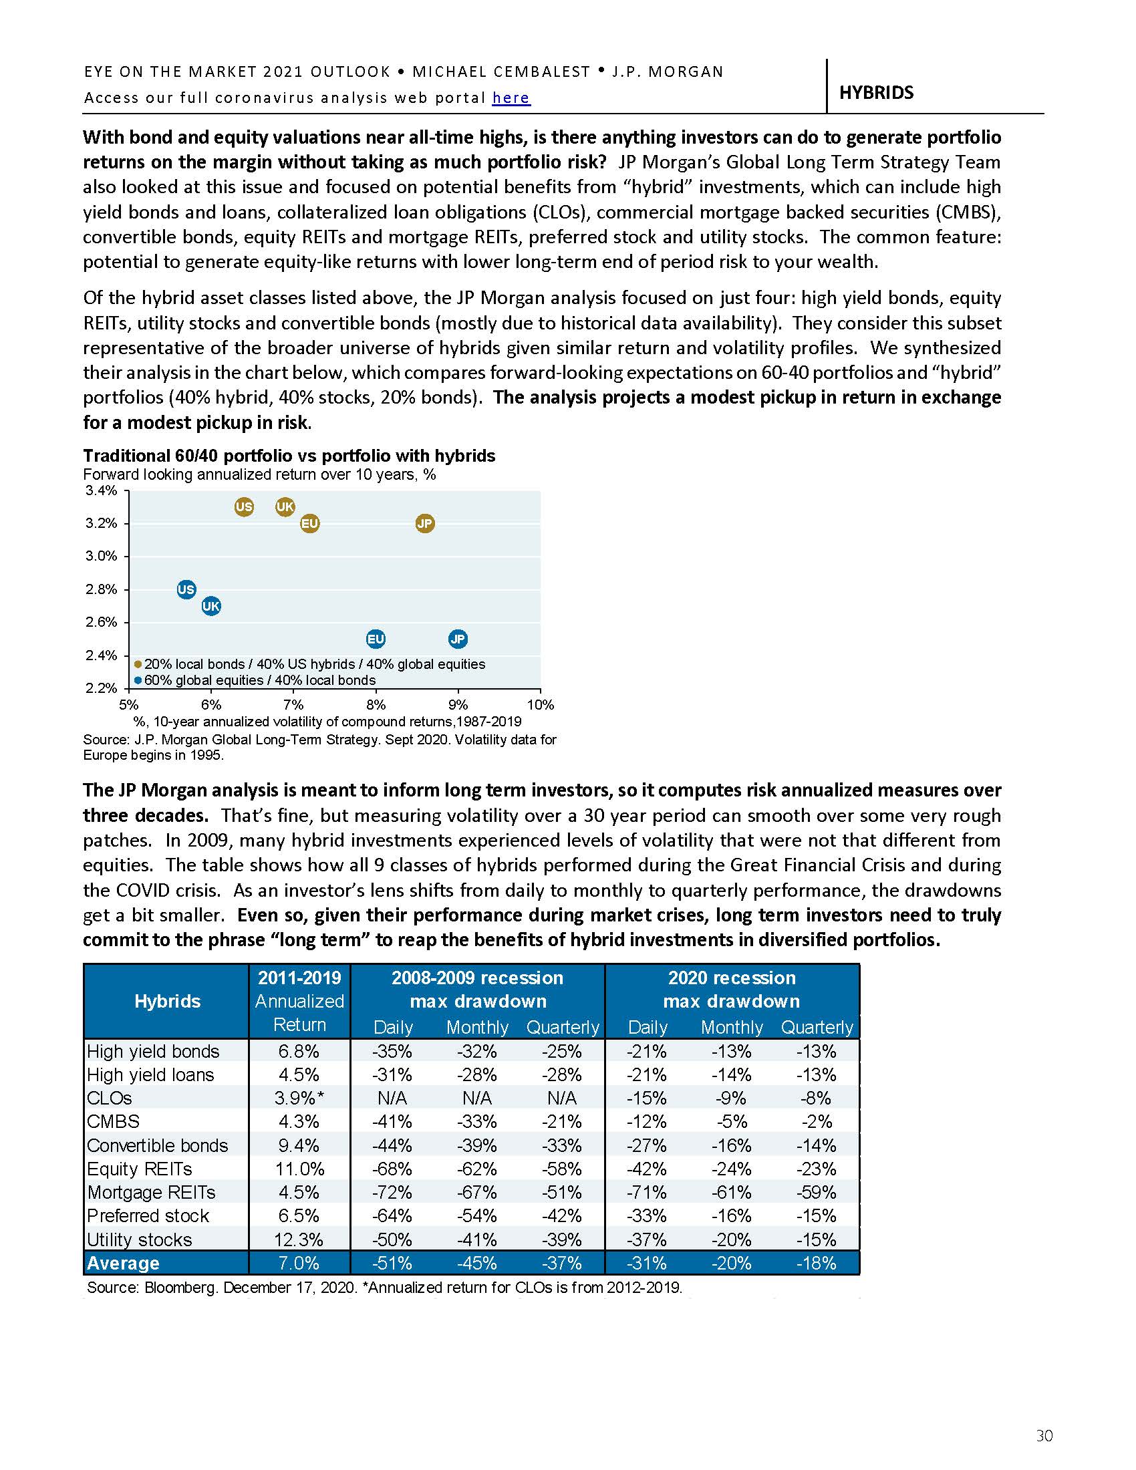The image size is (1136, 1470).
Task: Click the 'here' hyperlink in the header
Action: [511, 98]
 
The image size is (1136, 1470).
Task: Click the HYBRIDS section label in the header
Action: [875, 93]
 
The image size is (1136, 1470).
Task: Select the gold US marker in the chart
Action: [244, 507]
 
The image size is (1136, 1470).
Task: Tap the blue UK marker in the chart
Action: [211, 606]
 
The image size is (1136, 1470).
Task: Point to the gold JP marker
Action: [424, 523]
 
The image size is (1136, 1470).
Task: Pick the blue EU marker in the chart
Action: [376, 639]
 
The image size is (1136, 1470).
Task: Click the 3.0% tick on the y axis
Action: [101, 556]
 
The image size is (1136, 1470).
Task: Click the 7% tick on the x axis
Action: [293, 705]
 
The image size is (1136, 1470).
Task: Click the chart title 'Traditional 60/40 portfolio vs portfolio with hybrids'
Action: [289, 456]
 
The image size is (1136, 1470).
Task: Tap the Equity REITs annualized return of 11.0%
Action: [299, 1169]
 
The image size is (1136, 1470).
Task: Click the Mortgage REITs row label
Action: [152, 1192]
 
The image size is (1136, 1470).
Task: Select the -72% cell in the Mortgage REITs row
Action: [392, 1192]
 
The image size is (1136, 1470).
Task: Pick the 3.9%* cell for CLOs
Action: [299, 1098]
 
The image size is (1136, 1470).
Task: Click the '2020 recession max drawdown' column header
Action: [732, 990]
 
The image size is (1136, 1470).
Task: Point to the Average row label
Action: [123, 1263]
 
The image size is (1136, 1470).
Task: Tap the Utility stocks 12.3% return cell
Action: [299, 1239]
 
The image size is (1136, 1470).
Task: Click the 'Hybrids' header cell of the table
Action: [167, 1001]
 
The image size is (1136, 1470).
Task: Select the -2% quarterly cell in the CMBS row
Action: [817, 1121]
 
